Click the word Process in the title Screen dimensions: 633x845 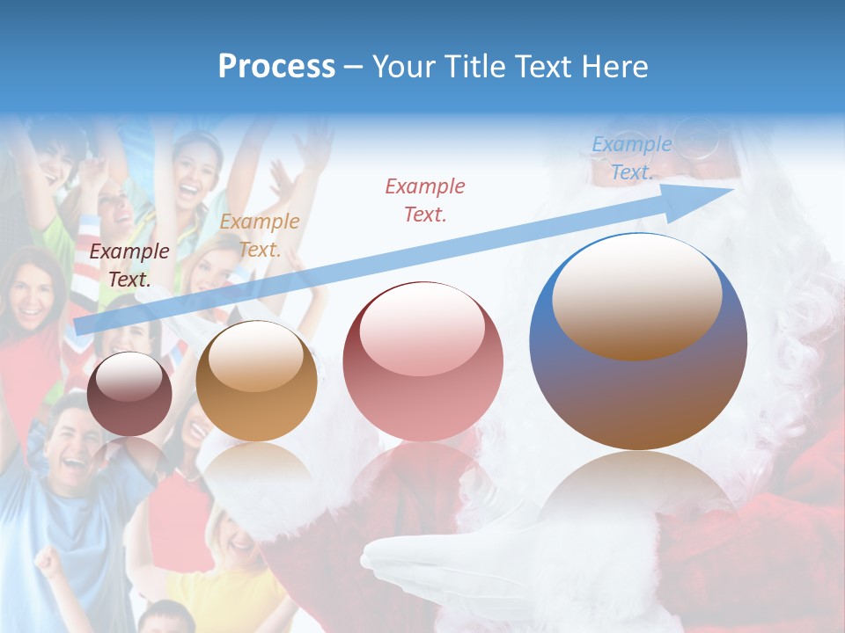[x=276, y=67]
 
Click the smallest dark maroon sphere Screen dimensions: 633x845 [x=130, y=394]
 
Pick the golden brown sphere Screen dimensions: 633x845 [x=256, y=382]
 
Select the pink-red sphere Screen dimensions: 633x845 [x=422, y=362]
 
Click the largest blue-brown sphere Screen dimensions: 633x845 [x=638, y=343]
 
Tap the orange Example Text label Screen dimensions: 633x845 [x=260, y=236]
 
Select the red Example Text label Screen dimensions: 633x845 [x=425, y=200]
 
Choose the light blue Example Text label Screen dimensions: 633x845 [x=631, y=158]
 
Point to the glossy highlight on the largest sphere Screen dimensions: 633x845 [x=636, y=295]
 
